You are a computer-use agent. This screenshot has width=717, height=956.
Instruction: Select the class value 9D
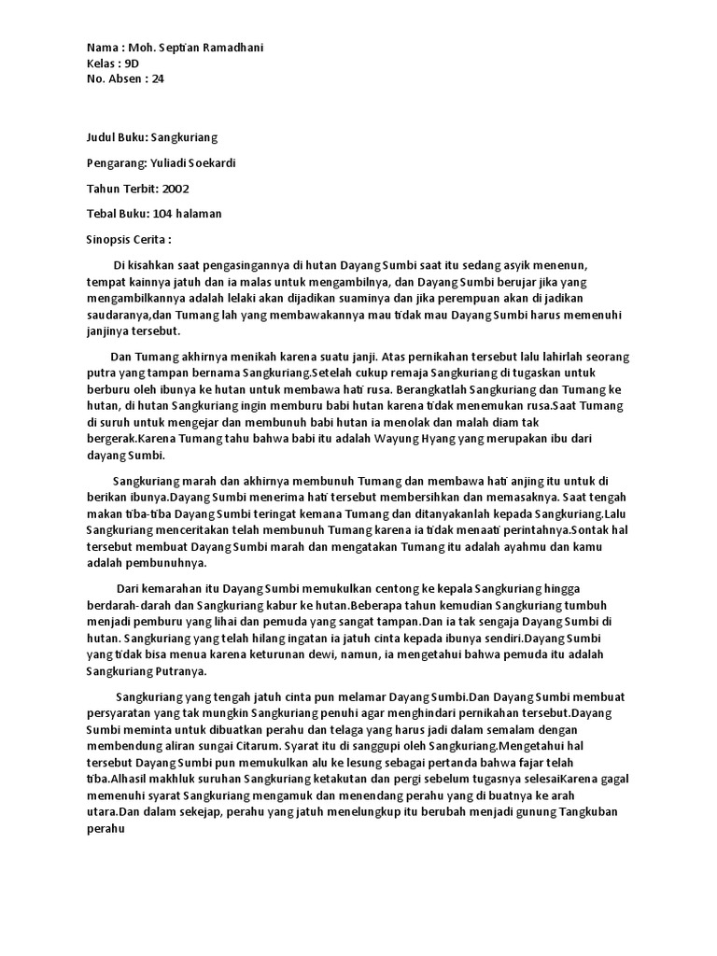coord(132,63)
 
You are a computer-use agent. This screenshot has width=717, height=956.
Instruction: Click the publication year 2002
coord(176,188)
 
